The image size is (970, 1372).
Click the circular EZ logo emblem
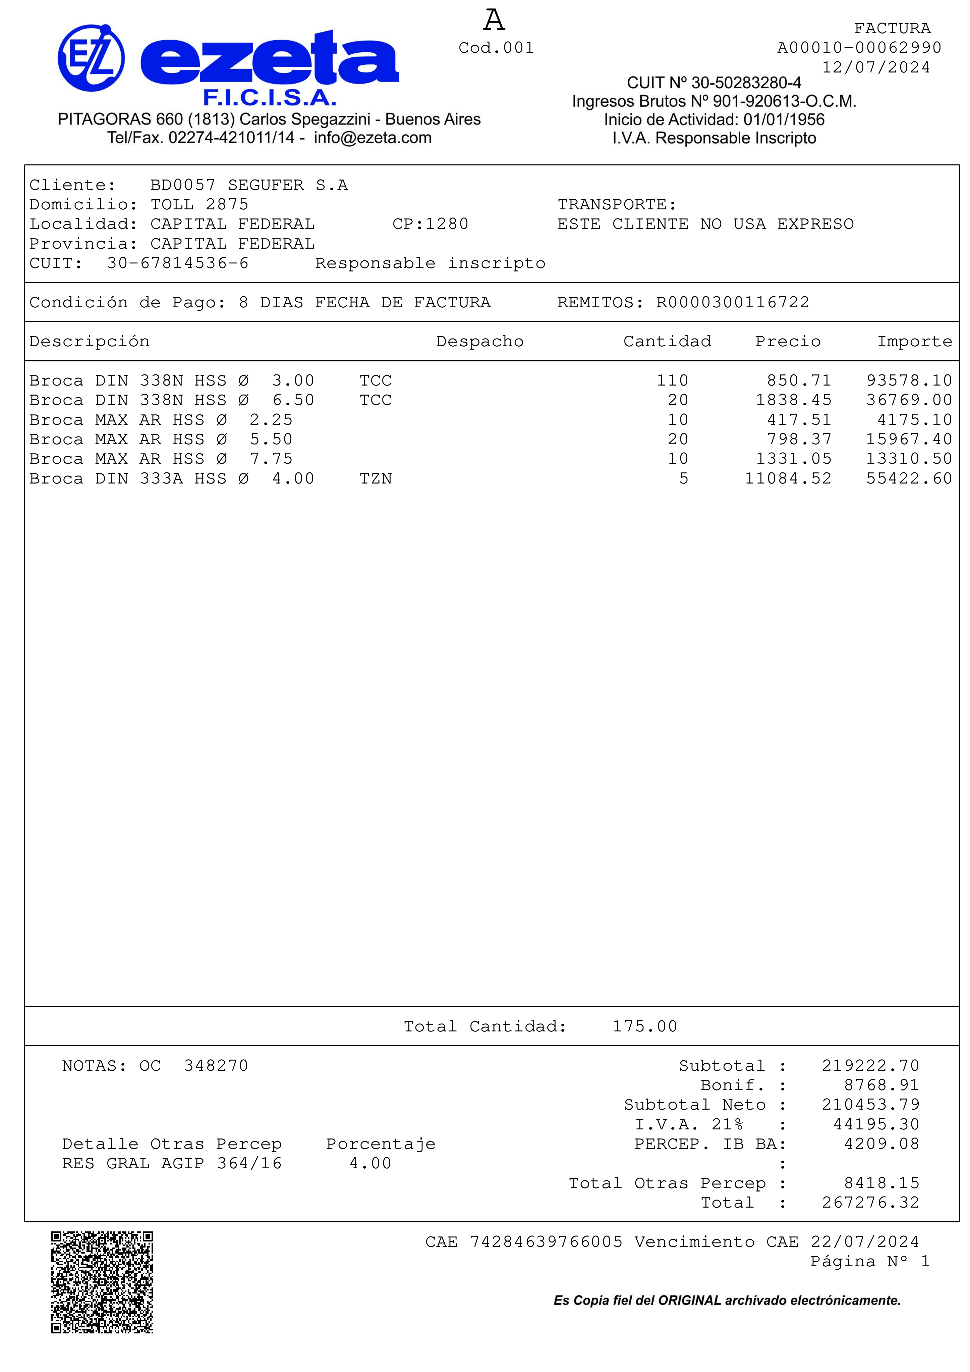92,58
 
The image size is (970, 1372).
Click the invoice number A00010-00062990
859,48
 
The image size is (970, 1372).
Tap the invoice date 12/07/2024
876,67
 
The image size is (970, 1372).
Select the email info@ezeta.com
373,138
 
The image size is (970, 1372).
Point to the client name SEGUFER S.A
287,185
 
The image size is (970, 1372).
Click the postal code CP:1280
430,224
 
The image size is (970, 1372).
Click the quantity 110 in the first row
673,380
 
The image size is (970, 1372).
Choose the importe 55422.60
909,479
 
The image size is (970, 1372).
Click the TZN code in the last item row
376,479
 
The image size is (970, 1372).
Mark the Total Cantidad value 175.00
645,1027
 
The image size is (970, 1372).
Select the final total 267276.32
870,1203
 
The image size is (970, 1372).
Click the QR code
102,1282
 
